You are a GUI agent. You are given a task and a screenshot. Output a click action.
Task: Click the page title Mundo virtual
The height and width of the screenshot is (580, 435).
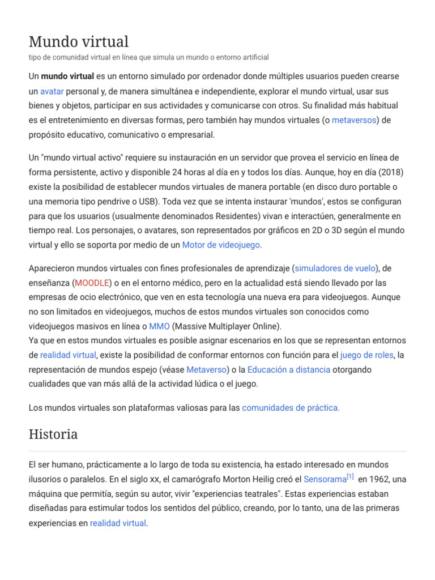pyautogui.click(x=79, y=41)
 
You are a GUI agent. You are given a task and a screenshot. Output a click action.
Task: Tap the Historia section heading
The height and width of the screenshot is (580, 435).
pyautogui.click(x=53, y=434)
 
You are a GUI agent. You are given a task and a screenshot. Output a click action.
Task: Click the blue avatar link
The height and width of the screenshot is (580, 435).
pyautogui.click(x=52, y=91)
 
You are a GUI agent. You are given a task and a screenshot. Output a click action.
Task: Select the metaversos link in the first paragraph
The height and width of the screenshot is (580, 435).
pyautogui.click(x=354, y=120)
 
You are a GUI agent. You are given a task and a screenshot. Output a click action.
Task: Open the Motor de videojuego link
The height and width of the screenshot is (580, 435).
pyautogui.click(x=221, y=245)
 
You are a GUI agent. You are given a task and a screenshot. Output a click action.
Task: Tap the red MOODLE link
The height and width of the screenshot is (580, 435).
pyautogui.click(x=91, y=283)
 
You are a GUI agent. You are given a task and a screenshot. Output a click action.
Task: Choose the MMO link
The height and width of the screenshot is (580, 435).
pyautogui.click(x=159, y=326)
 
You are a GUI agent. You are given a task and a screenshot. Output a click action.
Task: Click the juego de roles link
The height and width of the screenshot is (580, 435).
pyautogui.click(x=366, y=355)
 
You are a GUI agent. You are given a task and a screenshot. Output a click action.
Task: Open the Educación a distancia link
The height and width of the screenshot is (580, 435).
pyautogui.click(x=289, y=369)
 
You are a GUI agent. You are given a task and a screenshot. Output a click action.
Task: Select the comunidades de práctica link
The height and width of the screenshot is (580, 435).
pyautogui.click(x=291, y=407)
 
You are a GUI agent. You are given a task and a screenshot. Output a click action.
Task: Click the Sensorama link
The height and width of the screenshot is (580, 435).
pyautogui.click(x=325, y=479)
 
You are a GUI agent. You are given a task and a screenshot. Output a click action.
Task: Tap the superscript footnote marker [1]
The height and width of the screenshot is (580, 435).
pyautogui.click(x=350, y=477)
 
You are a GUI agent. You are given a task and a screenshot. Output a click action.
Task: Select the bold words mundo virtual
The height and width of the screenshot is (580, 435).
pyautogui.click(x=67, y=76)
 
